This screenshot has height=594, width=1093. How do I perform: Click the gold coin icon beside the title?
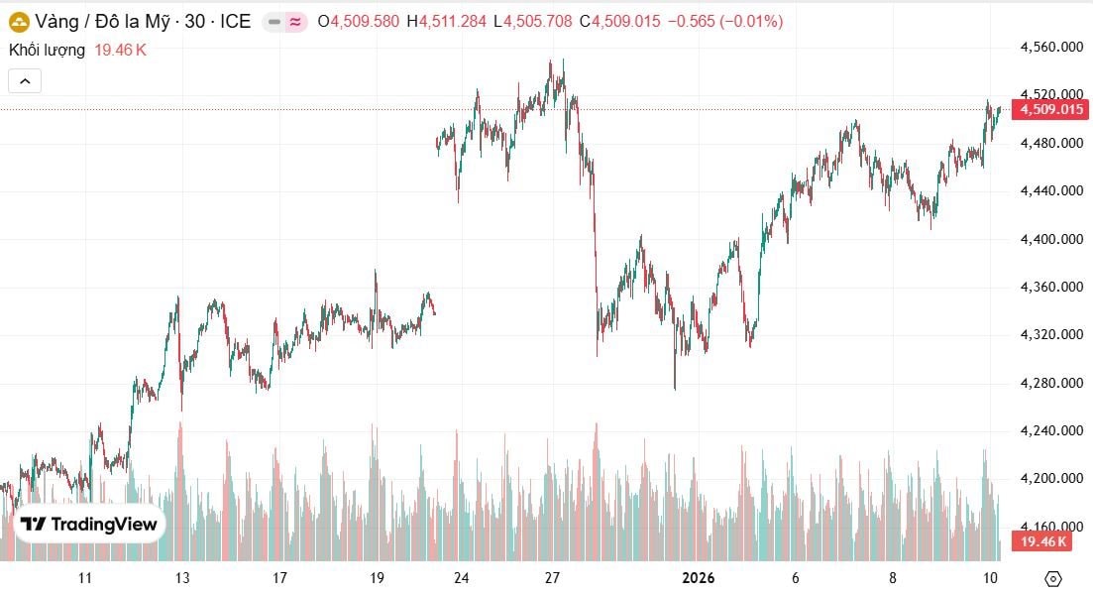17,21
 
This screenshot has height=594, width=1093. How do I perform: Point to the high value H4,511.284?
452,21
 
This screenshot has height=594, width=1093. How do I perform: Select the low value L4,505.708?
536,21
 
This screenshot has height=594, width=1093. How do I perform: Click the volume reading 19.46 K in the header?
120,50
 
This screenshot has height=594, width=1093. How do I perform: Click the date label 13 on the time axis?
181,578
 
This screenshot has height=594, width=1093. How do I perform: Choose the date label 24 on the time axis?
462,578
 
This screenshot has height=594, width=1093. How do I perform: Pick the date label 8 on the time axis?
893,578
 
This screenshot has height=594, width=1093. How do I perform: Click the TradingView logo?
90,525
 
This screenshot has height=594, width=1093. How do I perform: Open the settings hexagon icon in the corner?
1053,578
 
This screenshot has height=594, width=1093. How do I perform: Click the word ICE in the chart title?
236,21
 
